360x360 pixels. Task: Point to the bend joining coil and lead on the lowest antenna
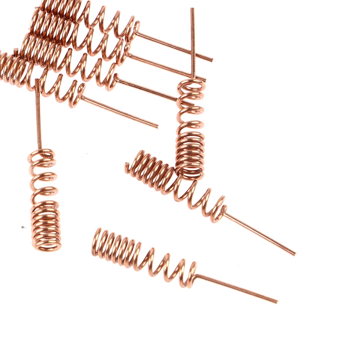(195, 276)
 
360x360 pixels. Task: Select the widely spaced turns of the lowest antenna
(166, 266)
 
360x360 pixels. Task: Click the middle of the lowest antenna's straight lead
(236, 288)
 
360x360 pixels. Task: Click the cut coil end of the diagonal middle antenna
(128, 169)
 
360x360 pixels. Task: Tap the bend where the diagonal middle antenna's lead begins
(223, 211)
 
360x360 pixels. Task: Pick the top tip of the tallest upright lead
(192, 9)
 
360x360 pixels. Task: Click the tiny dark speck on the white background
(22, 227)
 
